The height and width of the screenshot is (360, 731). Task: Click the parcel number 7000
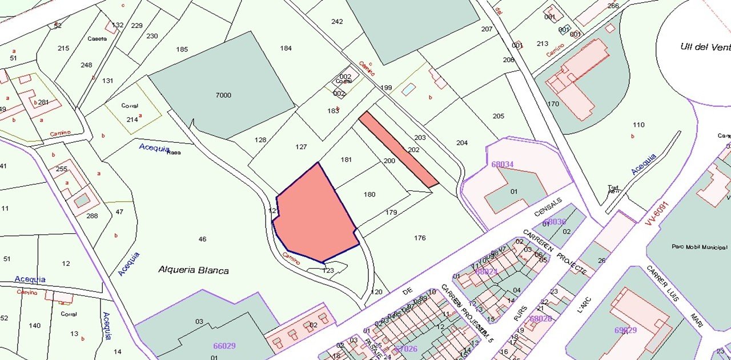click(x=223, y=95)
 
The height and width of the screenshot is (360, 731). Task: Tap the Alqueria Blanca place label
click(x=193, y=270)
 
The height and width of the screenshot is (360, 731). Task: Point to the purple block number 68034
click(x=502, y=165)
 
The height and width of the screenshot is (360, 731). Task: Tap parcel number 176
click(x=420, y=238)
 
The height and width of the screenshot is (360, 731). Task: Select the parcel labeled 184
click(x=286, y=48)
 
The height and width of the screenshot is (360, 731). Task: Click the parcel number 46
click(x=202, y=239)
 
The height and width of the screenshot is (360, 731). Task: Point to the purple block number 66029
click(x=224, y=346)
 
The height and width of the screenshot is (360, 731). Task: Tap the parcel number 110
click(x=638, y=125)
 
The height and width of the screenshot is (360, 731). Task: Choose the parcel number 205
click(x=498, y=116)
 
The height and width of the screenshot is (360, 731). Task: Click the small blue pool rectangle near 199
click(x=408, y=90)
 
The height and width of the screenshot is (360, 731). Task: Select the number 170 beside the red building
click(x=553, y=104)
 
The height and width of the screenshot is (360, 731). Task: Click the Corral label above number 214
click(x=130, y=106)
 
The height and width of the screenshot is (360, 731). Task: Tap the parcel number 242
click(x=337, y=22)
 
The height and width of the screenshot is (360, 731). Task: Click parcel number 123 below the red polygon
click(x=328, y=270)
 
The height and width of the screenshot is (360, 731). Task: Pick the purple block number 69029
click(x=625, y=330)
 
